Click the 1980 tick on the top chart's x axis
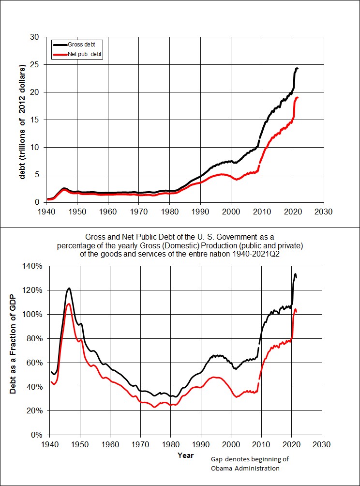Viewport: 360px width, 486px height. tap(170, 211)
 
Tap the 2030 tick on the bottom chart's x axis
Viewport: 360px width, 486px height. tap(322, 444)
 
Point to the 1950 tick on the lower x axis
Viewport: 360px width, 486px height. tap(80, 444)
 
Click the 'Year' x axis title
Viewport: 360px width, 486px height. tap(185, 455)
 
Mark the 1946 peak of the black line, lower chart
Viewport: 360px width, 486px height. tap(69, 289)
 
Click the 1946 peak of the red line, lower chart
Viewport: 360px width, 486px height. tap(69, 304)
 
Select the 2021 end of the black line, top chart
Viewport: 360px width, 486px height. tap(297, 69)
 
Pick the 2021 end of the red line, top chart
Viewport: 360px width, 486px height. tap(297, 98)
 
